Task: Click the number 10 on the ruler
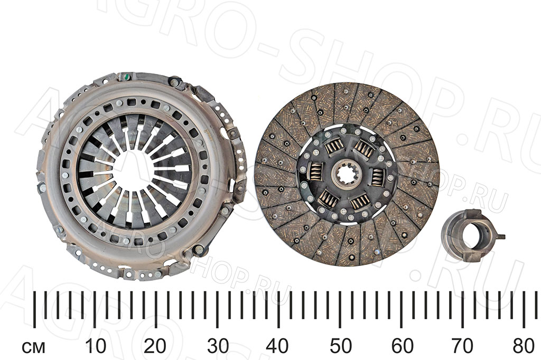(x=95, y=346)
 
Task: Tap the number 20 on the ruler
(x=155, y=346)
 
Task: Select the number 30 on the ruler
(x=218, y=346)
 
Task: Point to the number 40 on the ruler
(x=278, y=346)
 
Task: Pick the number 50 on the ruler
(x=341, y=346)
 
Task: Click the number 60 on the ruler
(x=402, y=346)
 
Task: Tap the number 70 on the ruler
(x=462, y=346)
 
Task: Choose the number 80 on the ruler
(x=524, y=346)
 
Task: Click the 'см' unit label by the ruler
(x=33, y=347)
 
